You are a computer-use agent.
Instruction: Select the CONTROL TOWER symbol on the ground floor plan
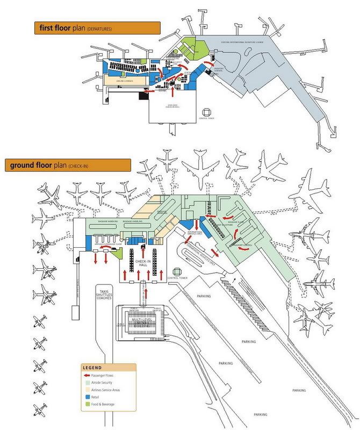(178, 271)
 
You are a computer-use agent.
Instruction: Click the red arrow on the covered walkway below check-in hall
(144, 291)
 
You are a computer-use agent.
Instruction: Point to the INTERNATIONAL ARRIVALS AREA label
(195, 234)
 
